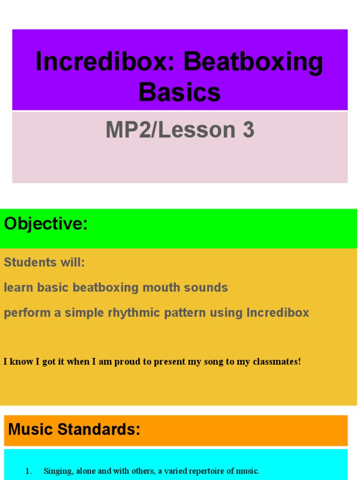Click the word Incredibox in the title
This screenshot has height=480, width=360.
tap(106, 62)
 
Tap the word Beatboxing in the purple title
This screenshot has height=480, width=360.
tap(254, 62)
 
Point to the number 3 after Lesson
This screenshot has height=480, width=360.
tap(248, 130)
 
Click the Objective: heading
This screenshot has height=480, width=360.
tap(46, 224)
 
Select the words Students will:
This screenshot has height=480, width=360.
tap(45, 262)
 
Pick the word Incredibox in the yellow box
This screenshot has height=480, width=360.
tap(278, 313)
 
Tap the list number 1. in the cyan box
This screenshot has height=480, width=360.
tap(29, 471)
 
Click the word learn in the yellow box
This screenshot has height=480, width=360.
tap(18, 287)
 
